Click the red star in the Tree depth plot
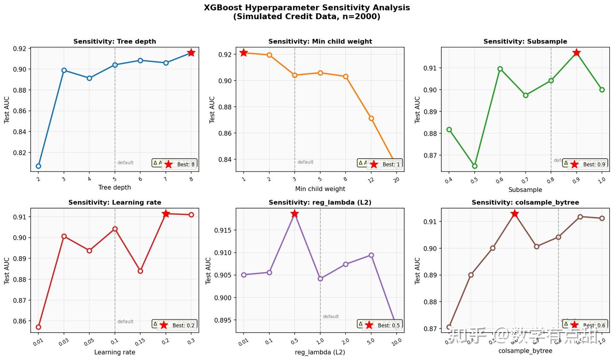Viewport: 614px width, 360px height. click(x=191, y=52)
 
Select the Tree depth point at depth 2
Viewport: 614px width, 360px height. click(x=38, y=166)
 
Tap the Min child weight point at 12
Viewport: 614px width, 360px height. click(x=371, y=118)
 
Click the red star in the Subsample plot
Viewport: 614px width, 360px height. click(x=576, y=52)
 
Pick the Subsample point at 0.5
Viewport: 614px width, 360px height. click(x=475, y=166)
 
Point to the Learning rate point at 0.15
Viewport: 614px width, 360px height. click(x=140, y=271)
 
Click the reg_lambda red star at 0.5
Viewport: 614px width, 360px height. click(x=294, y=213)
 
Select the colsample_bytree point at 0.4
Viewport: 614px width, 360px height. click(x=471, y=275)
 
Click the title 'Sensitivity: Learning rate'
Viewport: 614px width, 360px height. click(x=115, y=203)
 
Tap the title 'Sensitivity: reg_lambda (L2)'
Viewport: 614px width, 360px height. click(x=320, y=203)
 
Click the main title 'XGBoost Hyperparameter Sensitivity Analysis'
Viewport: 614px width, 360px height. click(x=307, y=8)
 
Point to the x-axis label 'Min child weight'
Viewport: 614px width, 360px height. click(x=320, y=189)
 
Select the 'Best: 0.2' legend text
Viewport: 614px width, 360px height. click(x=183, y=325)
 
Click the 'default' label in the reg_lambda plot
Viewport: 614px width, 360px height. click(x=330, y=316)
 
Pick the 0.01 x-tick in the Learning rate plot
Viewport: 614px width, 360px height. click(x=38, y=341)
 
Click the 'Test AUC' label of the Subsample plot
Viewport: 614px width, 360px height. click(x=417, y=109)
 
